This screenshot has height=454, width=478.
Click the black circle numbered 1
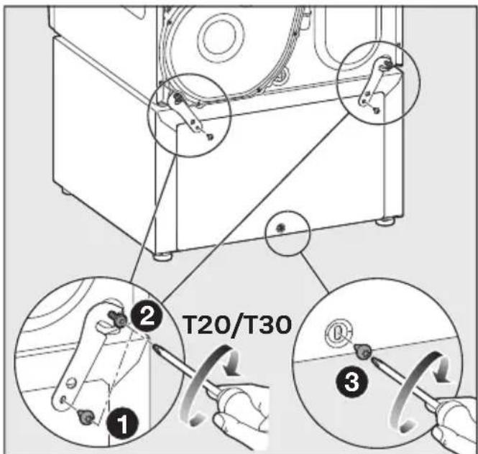tap(122, 423)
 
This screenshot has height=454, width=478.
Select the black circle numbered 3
tap(351, 381)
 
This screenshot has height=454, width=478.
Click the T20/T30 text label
tap(237, 325)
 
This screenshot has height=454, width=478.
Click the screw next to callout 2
tap(119, 319)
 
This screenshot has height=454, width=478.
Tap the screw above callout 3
tap(364, 351)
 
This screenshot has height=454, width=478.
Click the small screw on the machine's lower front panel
tap(280, 228)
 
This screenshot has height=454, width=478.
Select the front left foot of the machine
tap(162, 256)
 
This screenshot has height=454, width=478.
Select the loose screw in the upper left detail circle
tap(210, 137)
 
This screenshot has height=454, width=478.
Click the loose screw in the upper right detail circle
tap(377, 111)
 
